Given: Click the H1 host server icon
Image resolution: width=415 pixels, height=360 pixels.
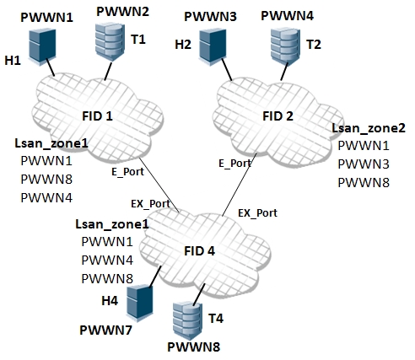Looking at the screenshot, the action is [42, 46].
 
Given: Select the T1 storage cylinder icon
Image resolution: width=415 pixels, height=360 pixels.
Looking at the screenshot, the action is [110, 41].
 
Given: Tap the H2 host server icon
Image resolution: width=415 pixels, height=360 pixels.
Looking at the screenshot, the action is [213, 46].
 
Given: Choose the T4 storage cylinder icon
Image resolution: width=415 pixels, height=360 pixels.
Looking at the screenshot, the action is [187, 320].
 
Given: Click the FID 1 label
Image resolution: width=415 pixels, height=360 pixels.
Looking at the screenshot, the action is [97, 116].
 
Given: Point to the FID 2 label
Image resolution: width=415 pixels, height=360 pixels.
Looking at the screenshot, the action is [278, 116].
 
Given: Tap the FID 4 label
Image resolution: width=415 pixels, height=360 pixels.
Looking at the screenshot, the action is [199, 251].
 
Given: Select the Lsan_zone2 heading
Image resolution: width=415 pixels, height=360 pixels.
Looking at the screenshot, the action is [369, 128].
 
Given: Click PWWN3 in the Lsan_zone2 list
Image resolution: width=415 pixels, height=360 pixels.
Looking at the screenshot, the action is [364, 164].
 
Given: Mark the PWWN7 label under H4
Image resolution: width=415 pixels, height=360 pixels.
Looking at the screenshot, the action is [105, 330].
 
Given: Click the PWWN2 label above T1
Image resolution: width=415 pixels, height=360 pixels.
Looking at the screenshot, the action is [122, 12].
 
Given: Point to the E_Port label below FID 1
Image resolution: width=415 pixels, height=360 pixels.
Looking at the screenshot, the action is [127, 172].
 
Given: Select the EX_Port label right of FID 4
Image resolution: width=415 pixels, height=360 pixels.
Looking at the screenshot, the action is [257, 213].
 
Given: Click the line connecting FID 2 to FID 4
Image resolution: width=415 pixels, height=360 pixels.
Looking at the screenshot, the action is [240, 185].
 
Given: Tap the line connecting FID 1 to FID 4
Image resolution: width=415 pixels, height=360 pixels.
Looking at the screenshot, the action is [159, 185].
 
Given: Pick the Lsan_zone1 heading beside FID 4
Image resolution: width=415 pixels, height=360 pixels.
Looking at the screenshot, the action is [112, 224].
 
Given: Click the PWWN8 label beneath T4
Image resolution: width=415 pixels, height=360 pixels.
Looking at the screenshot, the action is [193, 347].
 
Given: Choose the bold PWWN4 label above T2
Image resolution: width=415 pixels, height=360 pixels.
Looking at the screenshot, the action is [287, 16].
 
